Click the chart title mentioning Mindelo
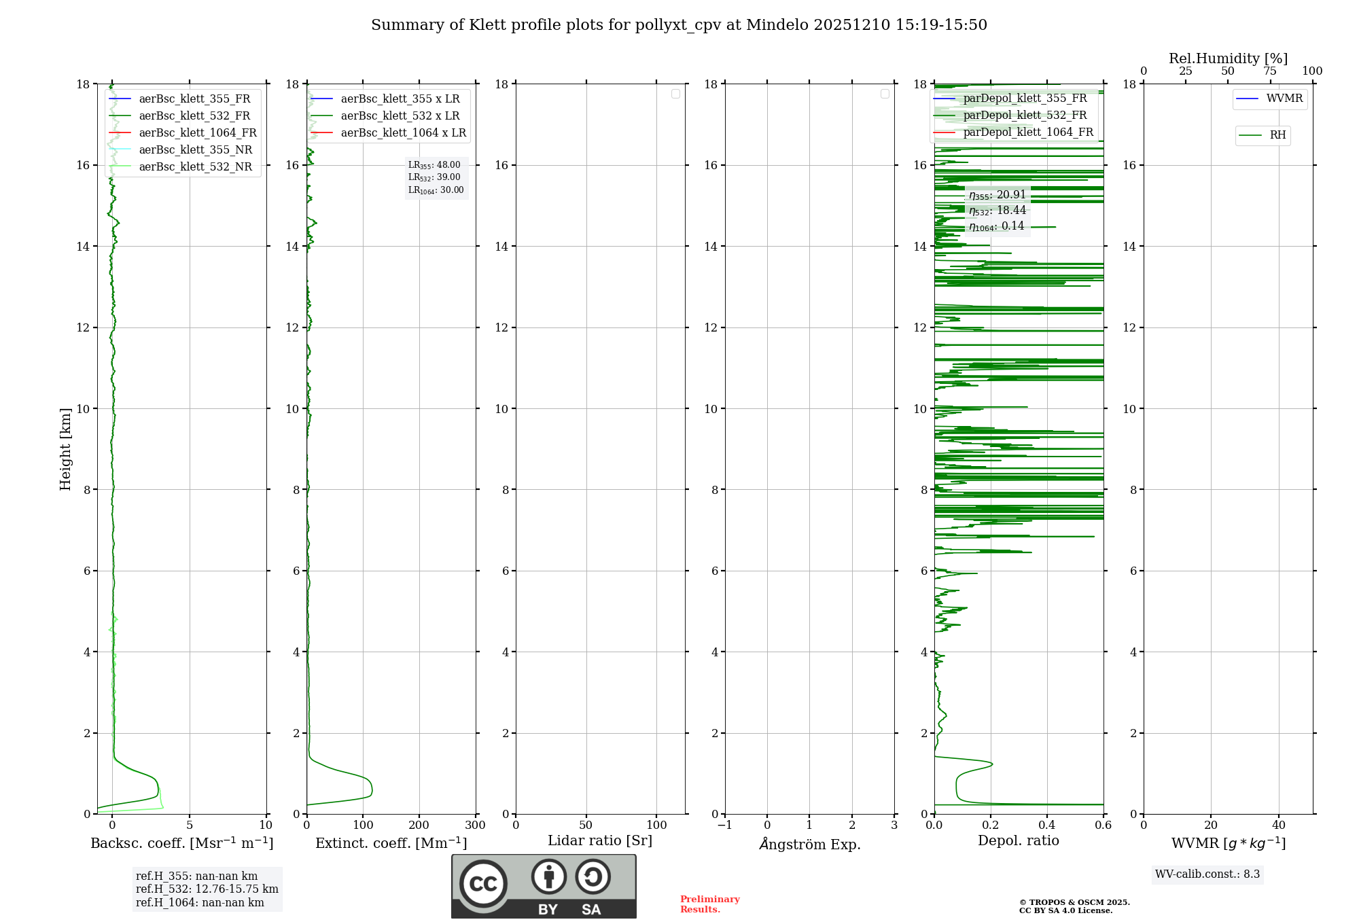coord(679,25)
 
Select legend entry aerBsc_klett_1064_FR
coord(197,133)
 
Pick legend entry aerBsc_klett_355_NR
coord(195,150)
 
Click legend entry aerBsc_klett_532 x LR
coord(400,116)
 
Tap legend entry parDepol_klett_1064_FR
coord(1027,132)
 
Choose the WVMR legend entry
coord(1284,99)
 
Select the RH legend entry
coord(1277,135)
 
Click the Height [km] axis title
coord(65,449)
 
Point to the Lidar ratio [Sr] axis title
coord(600,841)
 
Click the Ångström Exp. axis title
coord(809,845)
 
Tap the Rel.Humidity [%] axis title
coord(1228,58)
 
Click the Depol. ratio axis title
coord(1018,841)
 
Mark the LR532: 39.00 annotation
coord(434,177)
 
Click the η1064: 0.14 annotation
coord(997,226)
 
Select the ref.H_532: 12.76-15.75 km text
coord(207,889)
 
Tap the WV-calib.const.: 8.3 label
coord(1207,874)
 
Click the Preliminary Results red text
coord(709,904)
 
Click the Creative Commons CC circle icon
coord(483,884)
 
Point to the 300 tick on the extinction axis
coord(475,825)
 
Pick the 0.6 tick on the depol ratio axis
coord(1103,825)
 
